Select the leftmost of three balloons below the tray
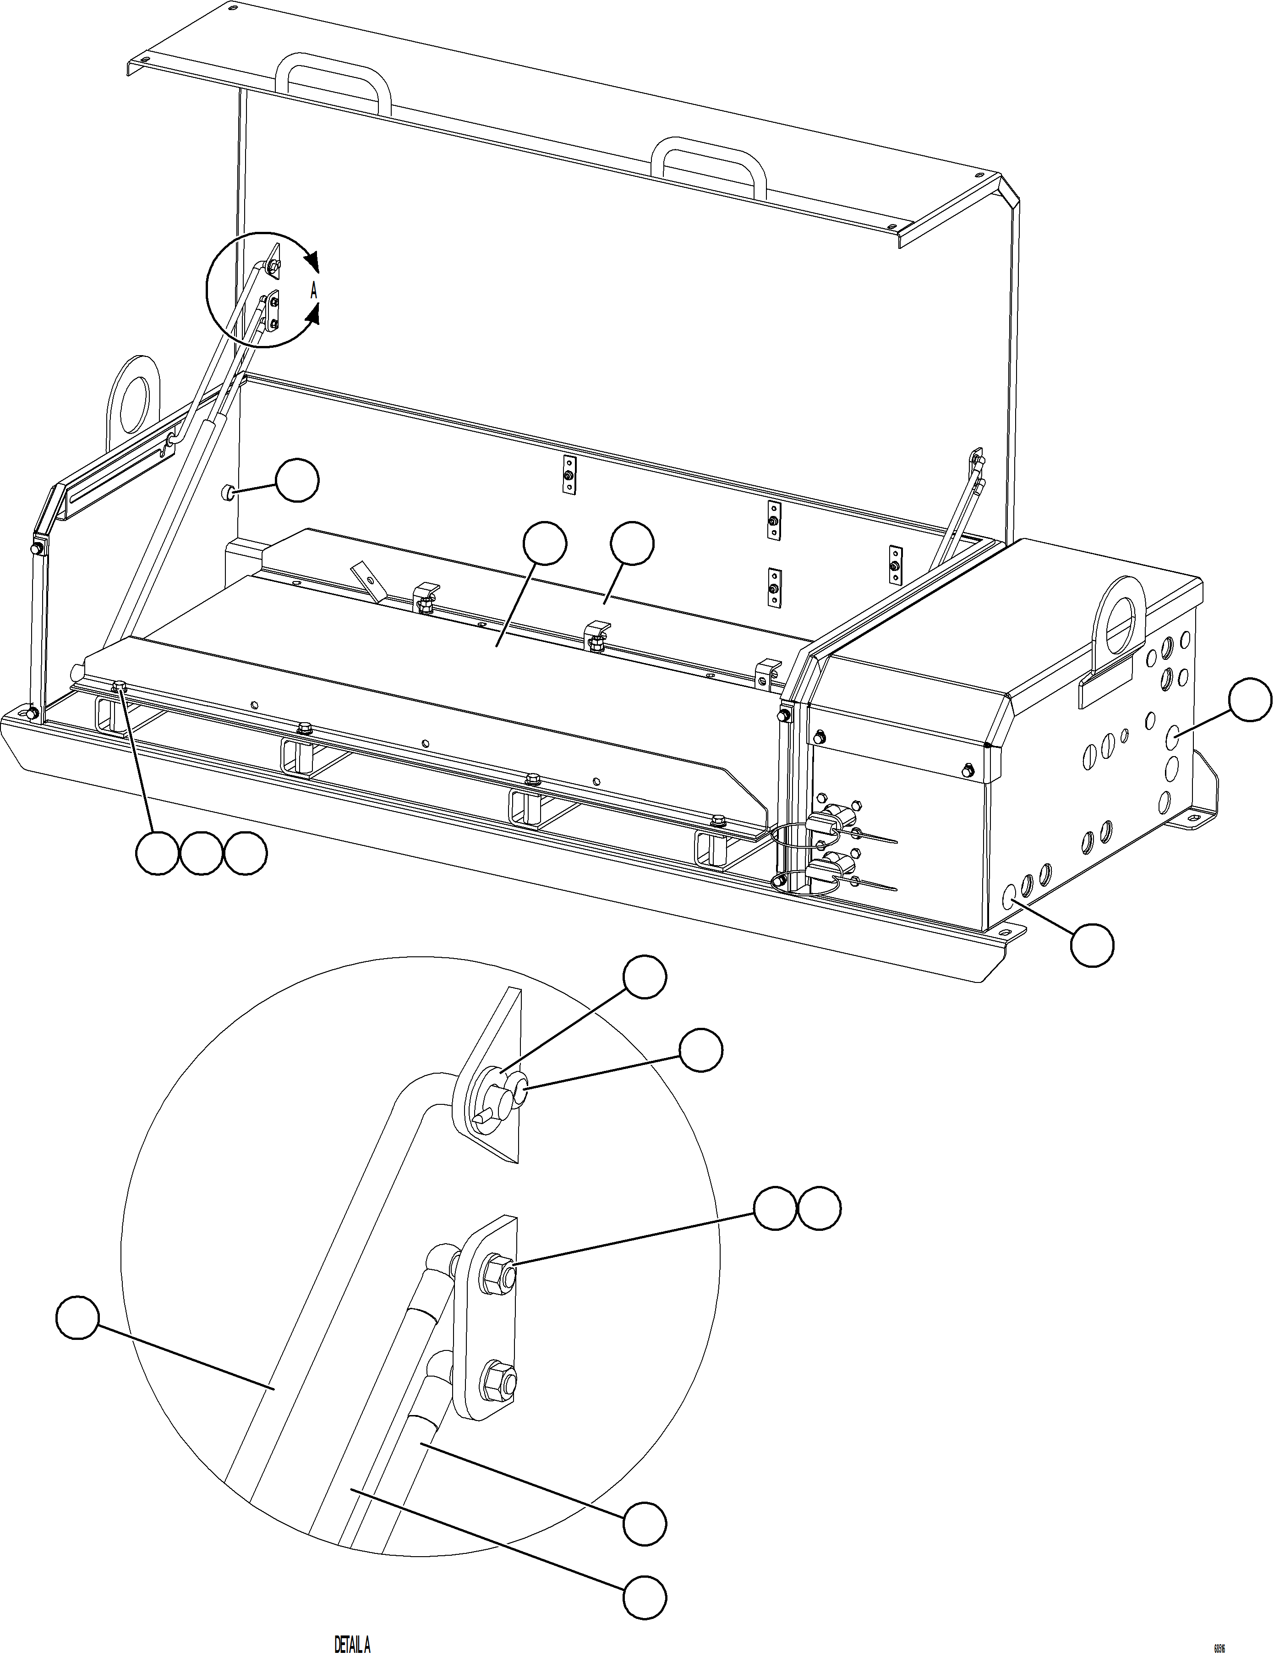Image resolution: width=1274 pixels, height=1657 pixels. pos(157,853)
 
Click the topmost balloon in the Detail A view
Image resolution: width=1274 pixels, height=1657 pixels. pos(645,978)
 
